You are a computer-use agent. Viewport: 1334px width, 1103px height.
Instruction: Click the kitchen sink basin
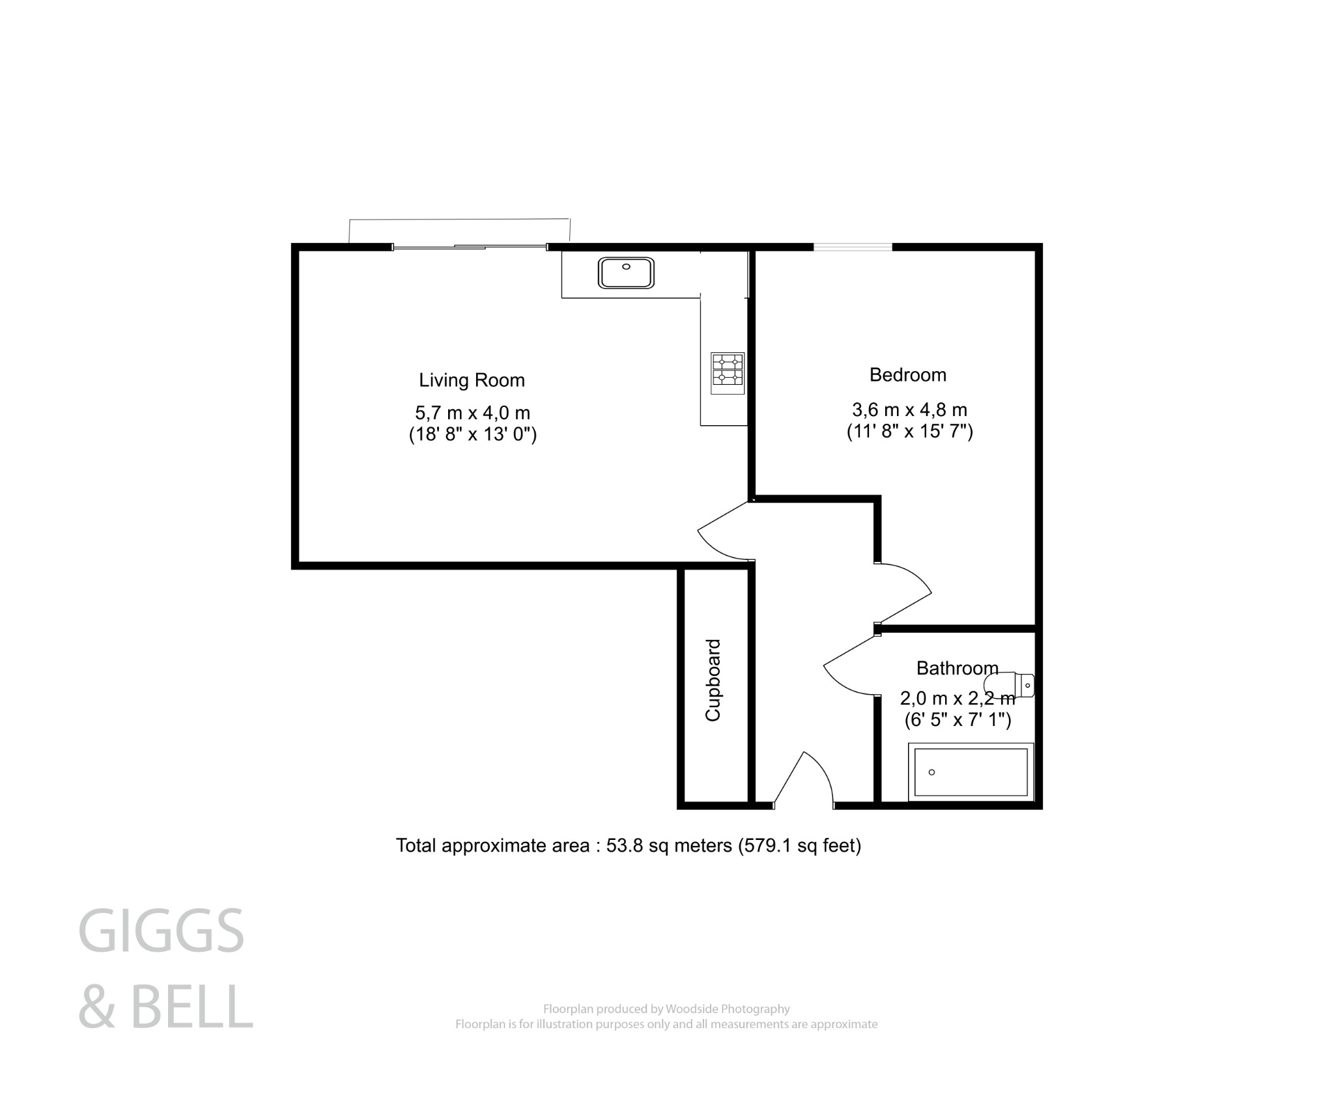(x=625, y=273)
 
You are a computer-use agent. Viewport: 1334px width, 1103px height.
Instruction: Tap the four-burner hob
(x=727, y=373)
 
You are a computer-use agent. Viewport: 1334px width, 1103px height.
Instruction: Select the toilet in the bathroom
(x=1010, y=684)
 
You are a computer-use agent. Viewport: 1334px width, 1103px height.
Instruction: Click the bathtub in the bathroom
(x=971, y=772)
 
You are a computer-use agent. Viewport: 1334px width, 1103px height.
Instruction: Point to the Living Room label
(x=472, y=380)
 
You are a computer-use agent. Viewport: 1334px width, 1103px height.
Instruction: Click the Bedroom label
(x=907, y=375)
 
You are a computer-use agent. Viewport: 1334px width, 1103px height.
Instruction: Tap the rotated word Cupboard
(x=713, y=680)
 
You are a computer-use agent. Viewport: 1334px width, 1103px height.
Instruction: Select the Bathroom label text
(x=957, y=668)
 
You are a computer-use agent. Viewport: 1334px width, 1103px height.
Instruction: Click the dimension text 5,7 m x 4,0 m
(x=472, y=413)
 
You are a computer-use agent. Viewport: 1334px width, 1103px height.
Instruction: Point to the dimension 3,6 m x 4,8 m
(x=909, y=410)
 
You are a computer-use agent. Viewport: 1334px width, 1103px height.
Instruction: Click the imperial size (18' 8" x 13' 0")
(x=472, y=434)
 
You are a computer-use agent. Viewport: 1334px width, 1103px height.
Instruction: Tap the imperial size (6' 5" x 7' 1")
(x=958, y=719)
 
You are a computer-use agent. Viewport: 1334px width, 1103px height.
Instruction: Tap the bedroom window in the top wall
(x=852, y=247)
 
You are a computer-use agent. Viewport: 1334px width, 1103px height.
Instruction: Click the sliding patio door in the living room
(x=469, y=247)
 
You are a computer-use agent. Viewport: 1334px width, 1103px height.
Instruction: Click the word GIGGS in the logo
(x=161, y=932)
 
